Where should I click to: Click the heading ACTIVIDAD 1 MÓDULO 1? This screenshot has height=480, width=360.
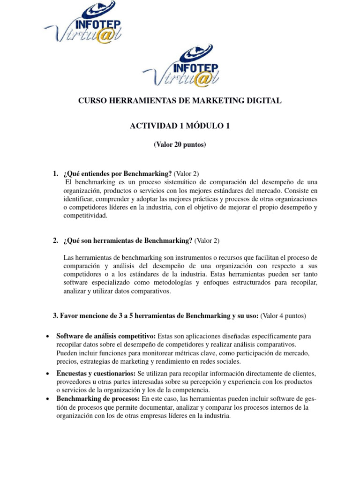click(x=180, y=126)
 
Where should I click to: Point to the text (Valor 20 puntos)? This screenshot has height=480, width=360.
click(x=180, y=145)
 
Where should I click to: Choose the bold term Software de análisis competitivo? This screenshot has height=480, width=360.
click(x=106, y=336)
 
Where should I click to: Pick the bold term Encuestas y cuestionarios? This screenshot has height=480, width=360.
click(x=96, y=373)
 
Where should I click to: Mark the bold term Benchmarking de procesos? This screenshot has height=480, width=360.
click(x=97, y=398)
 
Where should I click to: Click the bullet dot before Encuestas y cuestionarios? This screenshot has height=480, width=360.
click(x=49, y=373)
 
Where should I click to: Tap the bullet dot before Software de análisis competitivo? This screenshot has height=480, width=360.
click(x=49, y=337)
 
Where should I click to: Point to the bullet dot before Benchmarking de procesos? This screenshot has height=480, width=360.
click(x=49, y=399)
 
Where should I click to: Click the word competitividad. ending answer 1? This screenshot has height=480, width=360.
click(x=85, y=216)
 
